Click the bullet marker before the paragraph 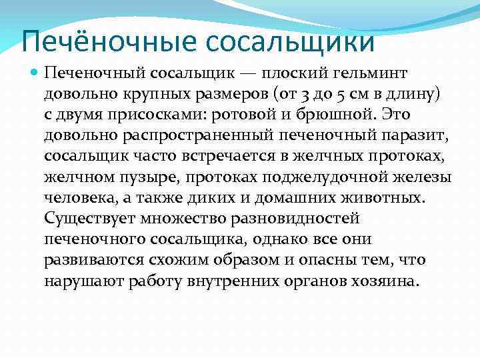pyautogui.click(x=34, y=71)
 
